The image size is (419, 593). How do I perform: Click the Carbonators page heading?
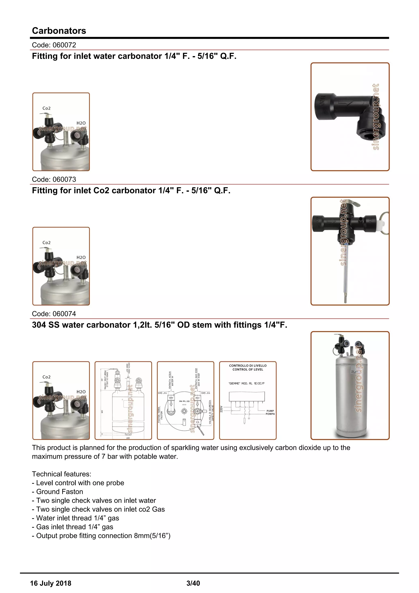coord(59,31)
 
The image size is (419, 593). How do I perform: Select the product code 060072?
coord(54,45)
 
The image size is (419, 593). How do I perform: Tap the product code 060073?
coord(54,179)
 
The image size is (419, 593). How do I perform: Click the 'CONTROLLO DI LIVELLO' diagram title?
coord(248,367)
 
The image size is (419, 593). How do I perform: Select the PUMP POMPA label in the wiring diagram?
coord(270,412)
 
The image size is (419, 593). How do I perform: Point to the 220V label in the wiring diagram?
coord(221,409)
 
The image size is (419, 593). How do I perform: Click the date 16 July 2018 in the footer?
coord(51,583)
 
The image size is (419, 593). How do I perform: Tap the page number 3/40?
coord(193,583)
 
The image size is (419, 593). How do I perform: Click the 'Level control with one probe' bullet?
coord(78,483)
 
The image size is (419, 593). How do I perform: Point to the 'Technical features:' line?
coord(62,474)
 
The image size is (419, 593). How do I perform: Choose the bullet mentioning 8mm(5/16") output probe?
coord(101,535)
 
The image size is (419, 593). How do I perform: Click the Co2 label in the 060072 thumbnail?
coord(46,108)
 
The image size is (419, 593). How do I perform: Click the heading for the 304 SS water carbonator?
coord(159,325)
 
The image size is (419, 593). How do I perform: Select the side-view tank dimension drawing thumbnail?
coord(123,400)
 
